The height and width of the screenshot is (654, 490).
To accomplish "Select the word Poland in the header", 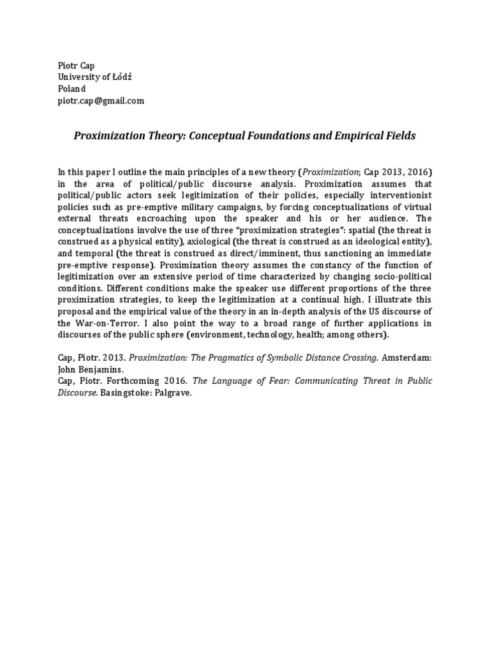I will (x=71, y=89).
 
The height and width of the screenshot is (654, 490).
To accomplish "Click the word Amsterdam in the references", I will (x=408, y=358).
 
